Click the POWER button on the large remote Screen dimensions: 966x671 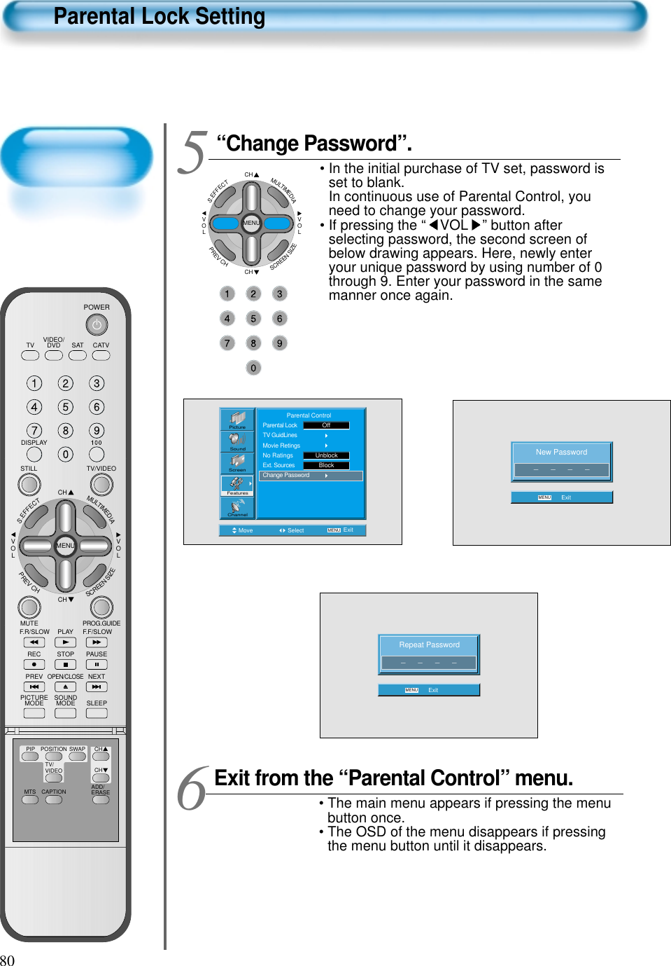click(97, 325)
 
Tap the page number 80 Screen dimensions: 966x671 click(8, 960)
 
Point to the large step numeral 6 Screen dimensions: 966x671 click(192, 789)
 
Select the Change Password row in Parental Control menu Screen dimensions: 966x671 click(311, 476)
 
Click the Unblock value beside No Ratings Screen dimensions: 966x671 click(326, 455)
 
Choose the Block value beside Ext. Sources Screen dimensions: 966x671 click(326, 465)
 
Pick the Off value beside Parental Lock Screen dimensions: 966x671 click(326, 425)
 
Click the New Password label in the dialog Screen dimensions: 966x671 click(561, 453)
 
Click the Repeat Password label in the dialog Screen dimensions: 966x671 click(429, 645)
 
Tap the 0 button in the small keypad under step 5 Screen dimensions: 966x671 click(253, 368)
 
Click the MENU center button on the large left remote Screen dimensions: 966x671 click(66, 545)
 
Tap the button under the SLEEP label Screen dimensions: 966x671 click(97, 713)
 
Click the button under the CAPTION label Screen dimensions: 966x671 click(54, 800)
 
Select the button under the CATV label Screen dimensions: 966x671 click(101, 355)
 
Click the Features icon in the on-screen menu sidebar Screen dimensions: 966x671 click(237, 485)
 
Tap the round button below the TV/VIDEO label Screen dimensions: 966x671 click(101, 484)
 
